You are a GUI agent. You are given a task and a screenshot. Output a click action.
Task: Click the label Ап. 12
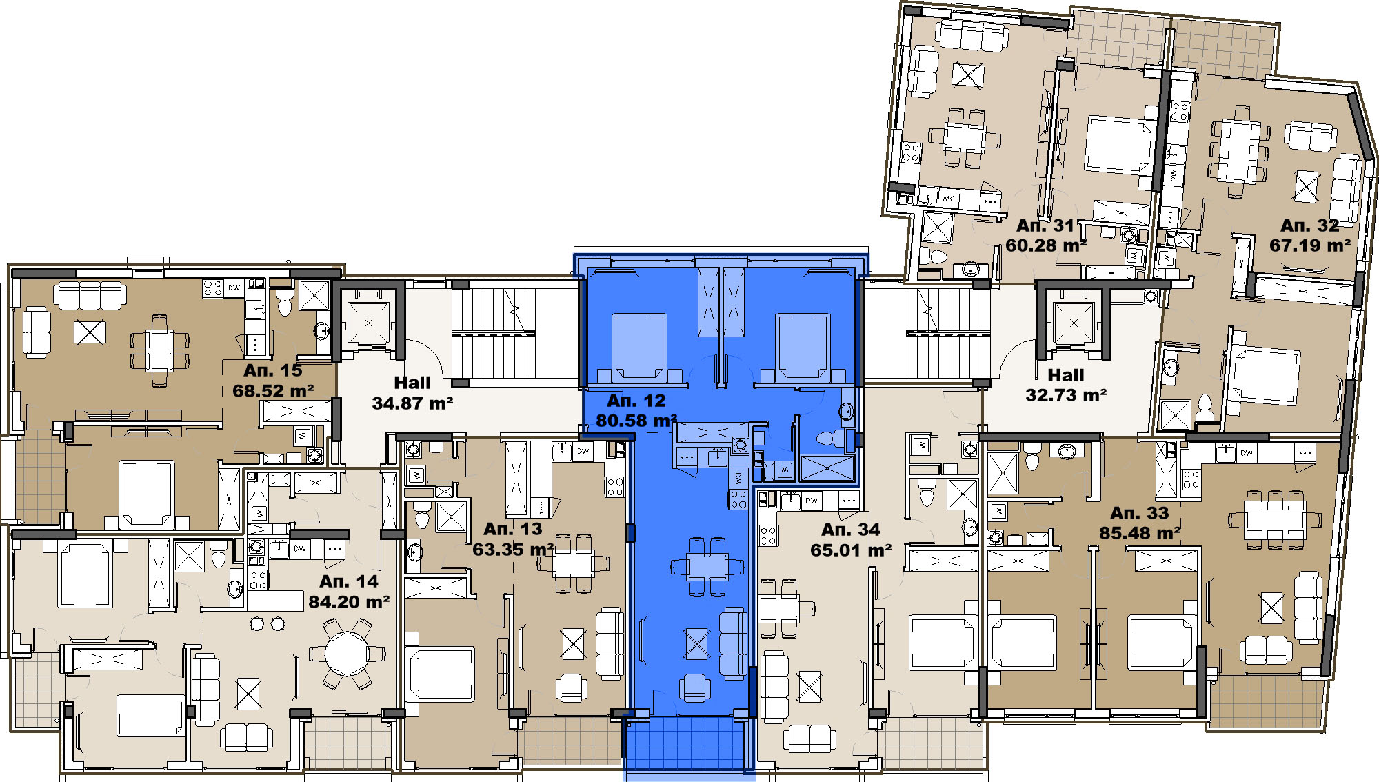click(636, 401)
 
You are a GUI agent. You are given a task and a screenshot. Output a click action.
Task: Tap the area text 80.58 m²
click(636, 421)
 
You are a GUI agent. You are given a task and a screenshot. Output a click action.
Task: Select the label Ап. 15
click(273, 370)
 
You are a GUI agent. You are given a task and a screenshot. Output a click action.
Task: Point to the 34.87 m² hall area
click(412, 403)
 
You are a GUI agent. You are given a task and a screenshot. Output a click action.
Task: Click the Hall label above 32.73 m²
click(1066, 375)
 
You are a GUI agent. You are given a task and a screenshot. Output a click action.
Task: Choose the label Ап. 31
click(1046, 225)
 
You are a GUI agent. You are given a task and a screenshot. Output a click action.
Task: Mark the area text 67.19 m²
click(1310, 245)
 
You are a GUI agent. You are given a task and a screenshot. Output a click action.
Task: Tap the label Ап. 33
click(1140, 513)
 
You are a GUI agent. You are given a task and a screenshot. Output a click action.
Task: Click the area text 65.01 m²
click(851, 550)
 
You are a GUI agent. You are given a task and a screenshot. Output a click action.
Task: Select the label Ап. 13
click(513, 529)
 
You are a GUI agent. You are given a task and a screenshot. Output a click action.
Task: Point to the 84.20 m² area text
click(349, 602)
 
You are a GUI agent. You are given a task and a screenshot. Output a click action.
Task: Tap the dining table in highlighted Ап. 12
click(707, 567)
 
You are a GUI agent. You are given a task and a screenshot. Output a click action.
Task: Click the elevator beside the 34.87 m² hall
click(368, 322)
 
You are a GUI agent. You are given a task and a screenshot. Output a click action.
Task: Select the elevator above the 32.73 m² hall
click(1074, 323)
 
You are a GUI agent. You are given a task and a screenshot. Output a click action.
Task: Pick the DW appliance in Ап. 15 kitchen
click(234, 288)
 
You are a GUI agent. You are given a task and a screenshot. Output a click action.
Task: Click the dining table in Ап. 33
click(1276, 521)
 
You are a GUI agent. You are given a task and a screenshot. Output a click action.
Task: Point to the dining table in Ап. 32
click(1240, 150)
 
